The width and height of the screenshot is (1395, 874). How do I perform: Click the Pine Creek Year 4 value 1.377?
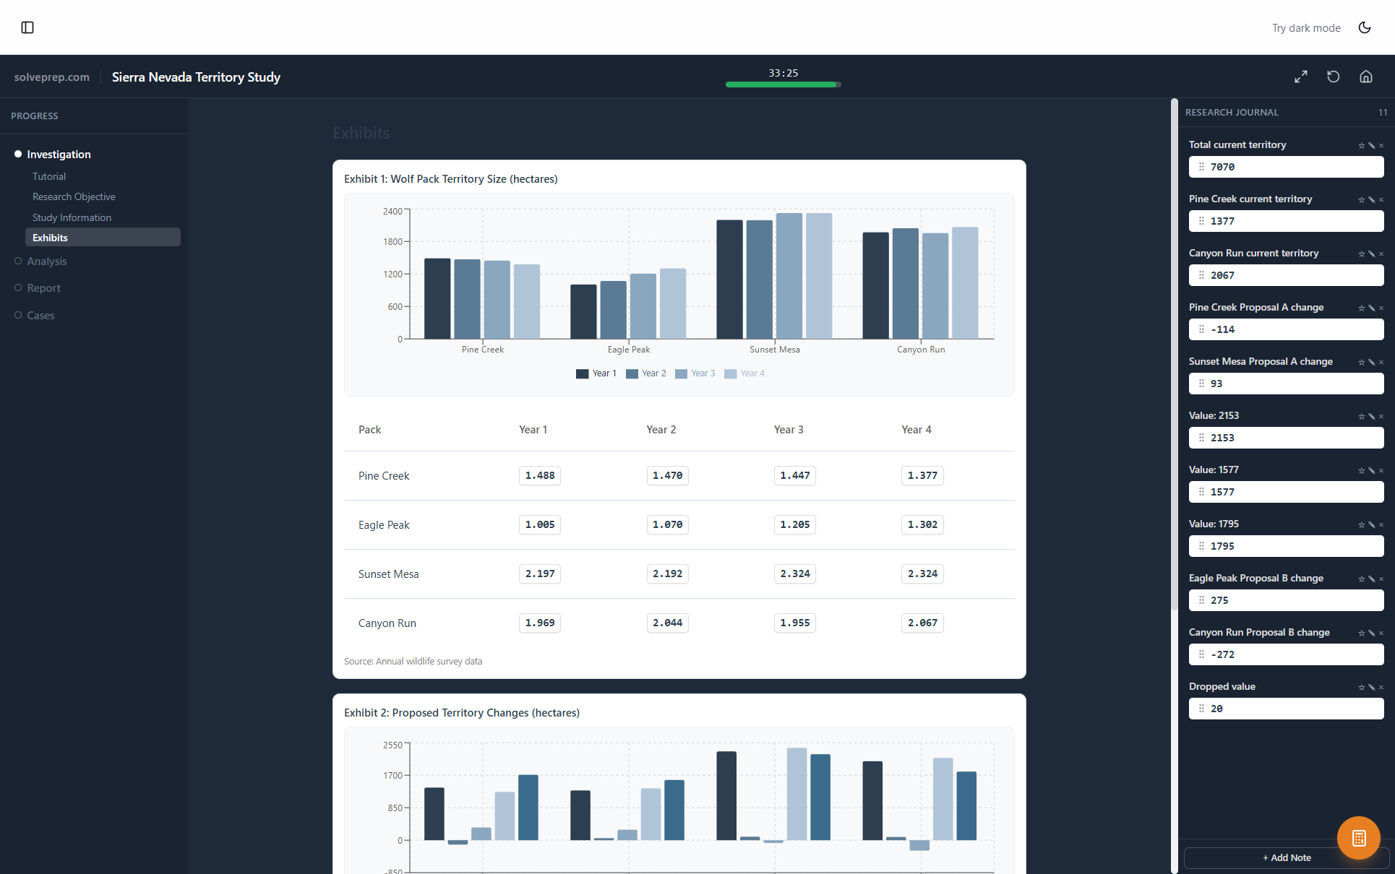[922, 475]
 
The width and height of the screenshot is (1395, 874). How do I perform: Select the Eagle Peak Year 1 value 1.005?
[540, 524]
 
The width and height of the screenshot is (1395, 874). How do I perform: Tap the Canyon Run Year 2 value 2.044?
[667, 623]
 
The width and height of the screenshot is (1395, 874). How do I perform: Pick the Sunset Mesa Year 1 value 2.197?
[540, 574]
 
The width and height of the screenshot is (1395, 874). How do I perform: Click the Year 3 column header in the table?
[789, 430]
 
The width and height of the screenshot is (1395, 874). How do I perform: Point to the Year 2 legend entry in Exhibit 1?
[646, 373]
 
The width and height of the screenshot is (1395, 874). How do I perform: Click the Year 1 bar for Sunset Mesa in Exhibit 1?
[729, 279]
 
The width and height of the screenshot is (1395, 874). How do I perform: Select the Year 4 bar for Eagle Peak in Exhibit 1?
[673, 303]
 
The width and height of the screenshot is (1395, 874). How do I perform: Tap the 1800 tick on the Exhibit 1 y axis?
[392, 242]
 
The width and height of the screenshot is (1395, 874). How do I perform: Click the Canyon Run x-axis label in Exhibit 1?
[921, 350]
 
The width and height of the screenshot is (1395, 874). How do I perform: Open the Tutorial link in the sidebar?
[49, 176]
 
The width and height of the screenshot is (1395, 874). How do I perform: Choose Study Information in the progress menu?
[72, 217]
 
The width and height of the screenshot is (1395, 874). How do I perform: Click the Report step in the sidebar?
[43, 288]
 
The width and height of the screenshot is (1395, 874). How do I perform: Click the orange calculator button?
[1358, 838]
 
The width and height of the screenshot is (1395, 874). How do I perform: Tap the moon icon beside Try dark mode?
[1365, 27]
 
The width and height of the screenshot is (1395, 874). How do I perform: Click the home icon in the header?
[1366, 77]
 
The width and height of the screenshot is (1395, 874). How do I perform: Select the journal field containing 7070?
[1287, 167]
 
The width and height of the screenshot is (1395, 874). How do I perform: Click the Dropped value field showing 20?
[1287, 709]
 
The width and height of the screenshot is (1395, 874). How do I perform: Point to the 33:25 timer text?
[784, 73]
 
